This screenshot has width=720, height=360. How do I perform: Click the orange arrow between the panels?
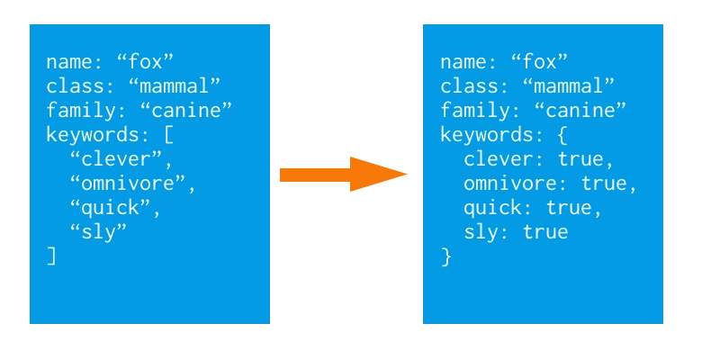click(343, 174)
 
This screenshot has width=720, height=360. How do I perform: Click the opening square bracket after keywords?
click(168, 135)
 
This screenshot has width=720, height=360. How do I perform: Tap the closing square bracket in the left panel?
click(51, 256)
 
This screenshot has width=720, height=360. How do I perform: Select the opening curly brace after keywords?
click(562, 135)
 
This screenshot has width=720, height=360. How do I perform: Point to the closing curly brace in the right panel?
click(445, 256)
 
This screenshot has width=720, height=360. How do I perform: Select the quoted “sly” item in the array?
click(98, 233)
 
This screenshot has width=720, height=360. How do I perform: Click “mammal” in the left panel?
click(175, 85)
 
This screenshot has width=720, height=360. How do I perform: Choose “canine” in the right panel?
click(580, 110)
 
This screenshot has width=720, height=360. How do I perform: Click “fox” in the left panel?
click(145, 61)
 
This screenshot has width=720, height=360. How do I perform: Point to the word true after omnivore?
click(603, 184)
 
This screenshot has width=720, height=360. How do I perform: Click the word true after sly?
click(545, 232)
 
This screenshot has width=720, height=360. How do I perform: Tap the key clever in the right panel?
click(498, 159)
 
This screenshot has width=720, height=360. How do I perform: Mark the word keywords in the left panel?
click(93, 135)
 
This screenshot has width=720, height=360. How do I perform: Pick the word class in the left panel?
click(75, 85)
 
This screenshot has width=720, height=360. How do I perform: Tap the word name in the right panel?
click(463, 62)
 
